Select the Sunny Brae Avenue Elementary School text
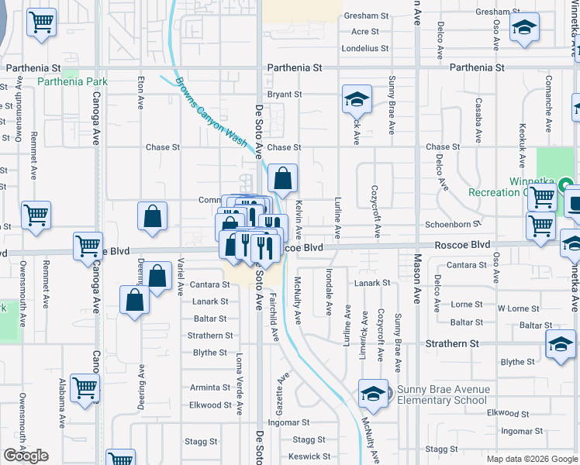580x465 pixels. click(x=443, y=394)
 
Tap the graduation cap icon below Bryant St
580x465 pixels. click(x=357, y=98)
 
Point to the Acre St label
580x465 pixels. click(x=364, y=32)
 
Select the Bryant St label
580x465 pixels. click(x=284, y=95)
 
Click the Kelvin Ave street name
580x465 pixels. click(x=299, y=218)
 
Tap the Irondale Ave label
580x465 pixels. click(x=330, y=292)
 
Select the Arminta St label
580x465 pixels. click(x=210, y=387)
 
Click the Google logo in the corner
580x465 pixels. click(x=26, y=456)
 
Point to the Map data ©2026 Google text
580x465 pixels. click(x=531, y=459)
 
